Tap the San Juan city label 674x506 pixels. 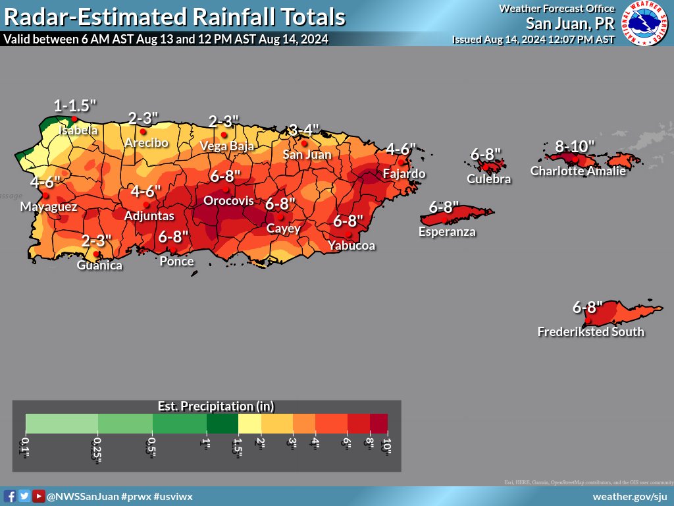click(307, 155)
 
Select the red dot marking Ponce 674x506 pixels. click(176, 249)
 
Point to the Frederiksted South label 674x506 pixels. click(590, 331)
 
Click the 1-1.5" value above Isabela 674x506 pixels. click(75, 105)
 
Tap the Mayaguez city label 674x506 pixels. click(49, 207)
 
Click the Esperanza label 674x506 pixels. click(447, 231)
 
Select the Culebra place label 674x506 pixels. click(488, 179)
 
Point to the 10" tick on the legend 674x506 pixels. click(387, 445)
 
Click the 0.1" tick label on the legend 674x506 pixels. click(26, 445)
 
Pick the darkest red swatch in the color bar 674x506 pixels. click(378, 422)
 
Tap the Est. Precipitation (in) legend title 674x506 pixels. click(216, 406)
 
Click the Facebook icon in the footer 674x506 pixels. click(10, 496)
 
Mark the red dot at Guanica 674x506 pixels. click(96, 254)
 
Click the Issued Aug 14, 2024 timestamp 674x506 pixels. click(533, 40)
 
